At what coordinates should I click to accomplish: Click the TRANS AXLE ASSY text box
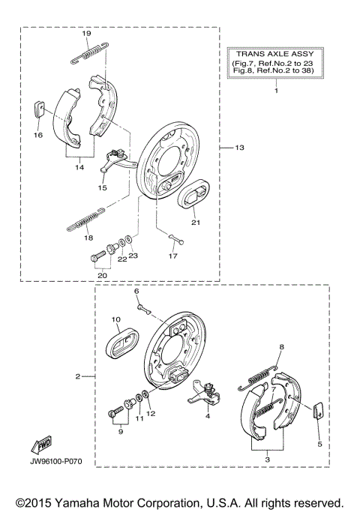[x=275, y=63]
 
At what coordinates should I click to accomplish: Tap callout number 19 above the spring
[x=86, y=34]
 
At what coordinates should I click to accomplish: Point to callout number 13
[x=240, y=148]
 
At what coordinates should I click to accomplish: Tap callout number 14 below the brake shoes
[x=77, y=169]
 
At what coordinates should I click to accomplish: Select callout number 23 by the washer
[x=133, y=256]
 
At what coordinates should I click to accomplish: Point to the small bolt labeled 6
[x=141, y=306]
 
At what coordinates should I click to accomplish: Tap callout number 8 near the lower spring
[x=282, y=347]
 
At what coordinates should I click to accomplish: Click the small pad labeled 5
[x=316, y=409]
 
